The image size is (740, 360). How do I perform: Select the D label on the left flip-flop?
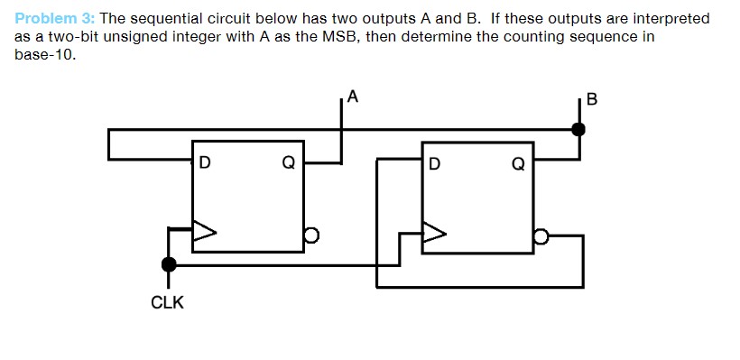click(205, 164)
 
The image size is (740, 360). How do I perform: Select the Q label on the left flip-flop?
click(288, 164)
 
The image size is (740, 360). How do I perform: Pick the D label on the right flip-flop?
click(435, 164)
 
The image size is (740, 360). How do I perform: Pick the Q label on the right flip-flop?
click(517, 164)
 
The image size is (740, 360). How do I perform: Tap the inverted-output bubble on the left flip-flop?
click(311, 235)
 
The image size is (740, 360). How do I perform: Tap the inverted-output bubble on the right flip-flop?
click(540, 236)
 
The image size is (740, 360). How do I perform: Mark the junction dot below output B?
click(578, 130)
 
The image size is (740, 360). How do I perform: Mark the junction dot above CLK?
click(168, 264)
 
